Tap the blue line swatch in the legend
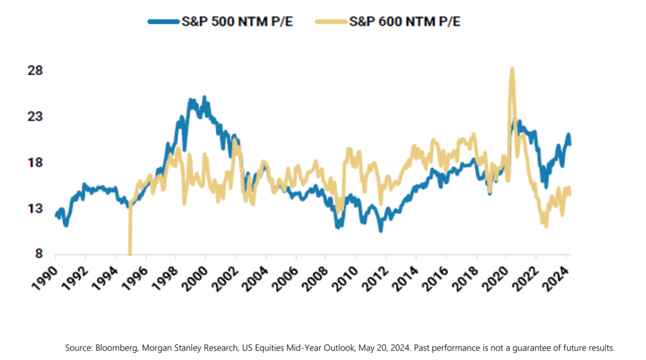coord(164,22)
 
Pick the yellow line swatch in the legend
coord(331,22)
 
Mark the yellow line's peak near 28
coord(512,69)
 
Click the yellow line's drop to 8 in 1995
coord(130,254)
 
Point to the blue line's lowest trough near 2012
coord(380,230)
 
